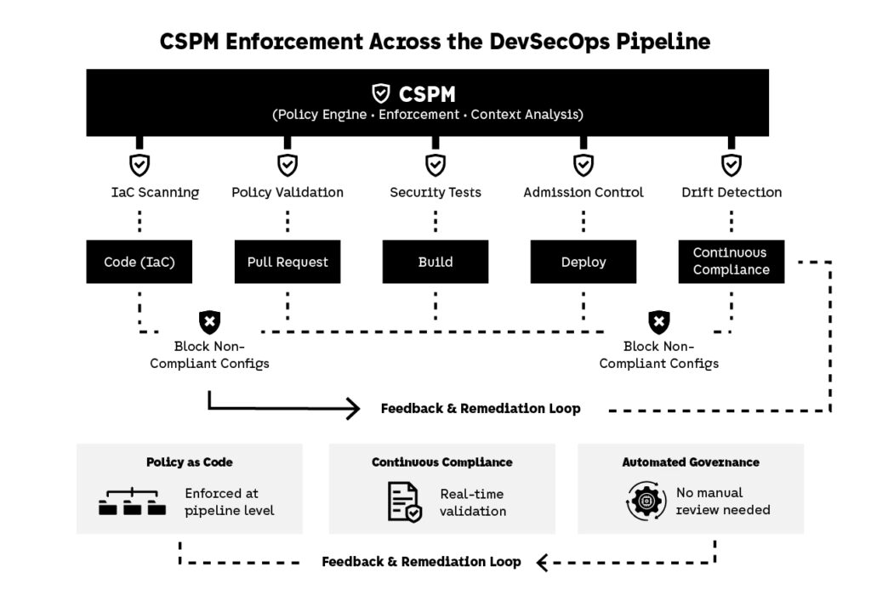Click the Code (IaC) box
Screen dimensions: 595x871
139,262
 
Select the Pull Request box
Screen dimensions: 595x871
287,262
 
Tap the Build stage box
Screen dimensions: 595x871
435,262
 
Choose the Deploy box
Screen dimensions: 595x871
584,262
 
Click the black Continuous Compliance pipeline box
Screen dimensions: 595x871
731,262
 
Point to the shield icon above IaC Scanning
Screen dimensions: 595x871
139,164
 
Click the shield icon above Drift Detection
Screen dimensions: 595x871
731,164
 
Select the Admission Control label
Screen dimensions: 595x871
584,193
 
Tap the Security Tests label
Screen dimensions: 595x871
435,193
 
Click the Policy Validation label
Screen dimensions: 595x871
287,193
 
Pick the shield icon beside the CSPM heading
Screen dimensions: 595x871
382,93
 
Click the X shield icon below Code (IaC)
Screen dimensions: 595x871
209,322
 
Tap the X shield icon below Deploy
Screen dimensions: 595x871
658,322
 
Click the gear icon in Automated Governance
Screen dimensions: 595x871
646,501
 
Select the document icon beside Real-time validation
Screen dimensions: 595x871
405,501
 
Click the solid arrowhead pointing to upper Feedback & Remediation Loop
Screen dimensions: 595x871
354,409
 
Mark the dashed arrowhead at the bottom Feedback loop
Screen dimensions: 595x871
542,562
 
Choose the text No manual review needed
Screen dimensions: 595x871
723,501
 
